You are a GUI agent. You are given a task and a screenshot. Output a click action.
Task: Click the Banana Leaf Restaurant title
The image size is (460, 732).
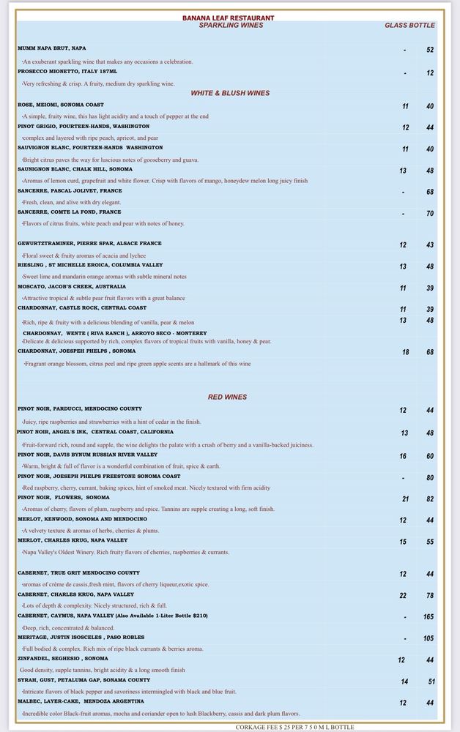coord(229,18)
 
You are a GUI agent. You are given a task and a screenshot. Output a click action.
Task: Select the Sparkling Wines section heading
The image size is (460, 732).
coord(231,26)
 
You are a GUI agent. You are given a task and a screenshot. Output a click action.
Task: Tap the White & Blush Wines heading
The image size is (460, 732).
coord(230,93)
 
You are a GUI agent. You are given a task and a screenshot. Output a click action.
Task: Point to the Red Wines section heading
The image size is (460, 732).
coord(227,397)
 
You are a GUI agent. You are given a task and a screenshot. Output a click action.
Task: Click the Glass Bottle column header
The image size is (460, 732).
coord(409,26)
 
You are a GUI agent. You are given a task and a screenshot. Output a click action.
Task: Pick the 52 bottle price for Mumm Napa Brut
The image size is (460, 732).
coord(430,50)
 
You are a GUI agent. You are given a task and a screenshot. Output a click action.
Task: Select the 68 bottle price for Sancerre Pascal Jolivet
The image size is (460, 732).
coord(430,192)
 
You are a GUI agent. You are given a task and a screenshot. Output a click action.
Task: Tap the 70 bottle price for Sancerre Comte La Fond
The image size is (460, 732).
coord(430,214)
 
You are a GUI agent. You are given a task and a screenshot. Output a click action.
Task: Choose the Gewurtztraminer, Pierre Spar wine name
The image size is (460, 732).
coord(89,243)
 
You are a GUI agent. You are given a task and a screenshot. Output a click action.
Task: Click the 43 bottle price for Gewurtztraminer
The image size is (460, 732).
coord(430,245)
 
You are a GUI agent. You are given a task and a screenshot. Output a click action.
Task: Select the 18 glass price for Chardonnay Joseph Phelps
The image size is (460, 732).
coord(405,353)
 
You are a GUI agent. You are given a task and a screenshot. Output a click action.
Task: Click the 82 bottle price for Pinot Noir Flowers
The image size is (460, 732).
coord(430,499)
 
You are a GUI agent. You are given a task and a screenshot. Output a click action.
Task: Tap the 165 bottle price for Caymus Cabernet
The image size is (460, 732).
coord(429,617)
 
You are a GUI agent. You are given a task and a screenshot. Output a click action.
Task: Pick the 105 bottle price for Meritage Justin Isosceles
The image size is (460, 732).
coord(429,638)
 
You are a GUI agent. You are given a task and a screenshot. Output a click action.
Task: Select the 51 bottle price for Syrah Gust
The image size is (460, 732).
coord(430,681)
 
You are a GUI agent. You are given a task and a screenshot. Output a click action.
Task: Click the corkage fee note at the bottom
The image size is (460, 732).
coord(294,727)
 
